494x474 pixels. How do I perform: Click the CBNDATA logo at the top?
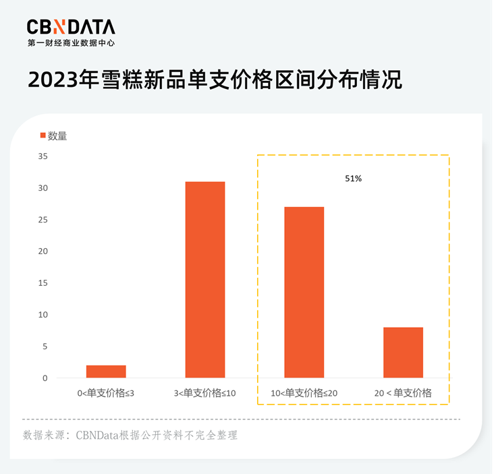pyautogui.click(x=71, y=26)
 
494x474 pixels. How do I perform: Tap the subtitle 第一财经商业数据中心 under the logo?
pyautogui.click(x=71, y=42)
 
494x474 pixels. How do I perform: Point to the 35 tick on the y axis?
pyautogui.click(x=43, y=156)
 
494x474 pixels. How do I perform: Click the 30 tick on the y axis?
pyautogui.click(x=43, y=188)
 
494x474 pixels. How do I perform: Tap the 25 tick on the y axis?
pyautogui.click(x=43, y=220)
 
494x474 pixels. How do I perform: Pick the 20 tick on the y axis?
pyautogui.click(x=43, y=251)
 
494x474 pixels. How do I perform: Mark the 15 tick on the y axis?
pyautogui.click(x=43, y=283)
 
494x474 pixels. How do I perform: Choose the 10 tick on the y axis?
pyautogui.click(x=43, y=315)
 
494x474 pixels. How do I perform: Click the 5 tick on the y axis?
pyautogui.click(x=45, y=347)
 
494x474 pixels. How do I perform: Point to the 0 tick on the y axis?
pyautogui.click(x=45, y=378)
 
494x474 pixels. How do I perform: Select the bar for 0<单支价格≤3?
pyautogui.click(x=106, y=372)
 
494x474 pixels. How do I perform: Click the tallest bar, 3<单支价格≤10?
pyautogui.click(x=205, y=280)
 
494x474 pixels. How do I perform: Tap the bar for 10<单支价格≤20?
pyautogui.click(x=304, y=292)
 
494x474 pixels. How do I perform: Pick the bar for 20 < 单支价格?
pyautogui.click(x=403, y=353)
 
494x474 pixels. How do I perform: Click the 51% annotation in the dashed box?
pyautogui.click(x=354, y=179)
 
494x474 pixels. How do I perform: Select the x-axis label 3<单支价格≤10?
pyautogui.click(x=205, y=393)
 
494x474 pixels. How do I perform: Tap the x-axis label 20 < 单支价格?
pyautogui.click(x=403, y=393)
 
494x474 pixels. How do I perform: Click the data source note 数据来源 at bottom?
pyautogui.click(x=130, y=435)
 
